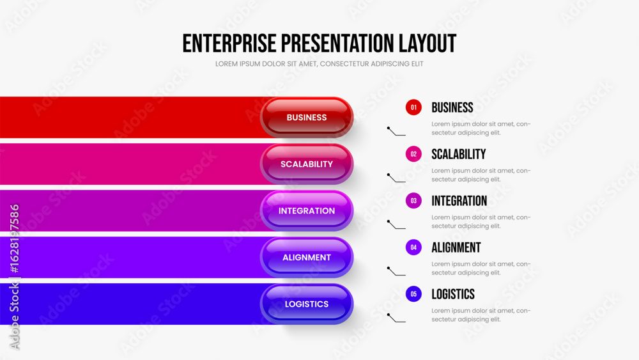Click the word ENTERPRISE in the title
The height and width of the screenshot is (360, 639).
tap(229, 43)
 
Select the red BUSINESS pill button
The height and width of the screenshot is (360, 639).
tap(307, 118)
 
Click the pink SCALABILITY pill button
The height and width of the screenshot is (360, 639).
tap(307, 164)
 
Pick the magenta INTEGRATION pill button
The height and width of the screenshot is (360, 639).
tap(307, 211)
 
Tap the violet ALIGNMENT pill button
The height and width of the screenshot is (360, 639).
tap(307, 257)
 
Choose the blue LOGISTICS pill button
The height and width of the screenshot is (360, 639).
tap(307, 304)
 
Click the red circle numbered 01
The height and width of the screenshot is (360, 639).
tap(413, 107)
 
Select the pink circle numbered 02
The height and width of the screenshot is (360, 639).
tap(413, 154)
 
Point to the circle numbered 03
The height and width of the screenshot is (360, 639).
tap(413, 201)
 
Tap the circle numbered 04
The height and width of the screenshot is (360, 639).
tap(413, 247)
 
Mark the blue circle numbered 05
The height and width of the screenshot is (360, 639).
tap(413, 294)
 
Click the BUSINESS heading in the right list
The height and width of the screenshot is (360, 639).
tap(452, 107)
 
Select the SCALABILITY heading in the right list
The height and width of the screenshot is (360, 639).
tap(458, 154)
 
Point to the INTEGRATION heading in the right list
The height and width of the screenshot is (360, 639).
tap(459, 201)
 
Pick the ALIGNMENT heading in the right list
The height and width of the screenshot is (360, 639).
tap(456, 247)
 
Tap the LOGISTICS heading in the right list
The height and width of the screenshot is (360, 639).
tap(453, 294)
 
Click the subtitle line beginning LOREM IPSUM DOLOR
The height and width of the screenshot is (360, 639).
tap(319, 64)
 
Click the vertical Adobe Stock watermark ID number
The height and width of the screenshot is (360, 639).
tap(15, 239)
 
